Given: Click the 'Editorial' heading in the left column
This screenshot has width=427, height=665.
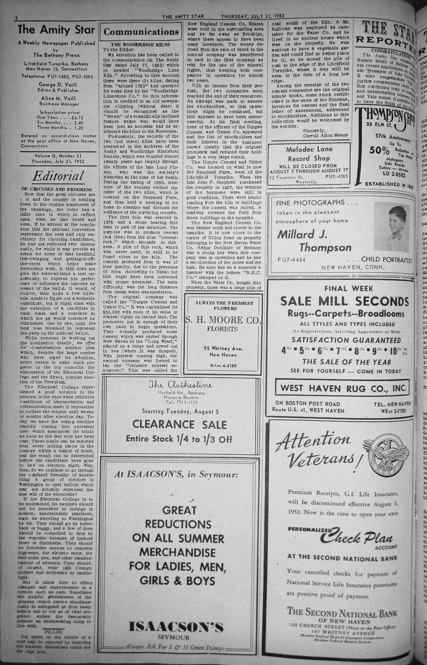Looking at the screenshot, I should (x=58, y=176).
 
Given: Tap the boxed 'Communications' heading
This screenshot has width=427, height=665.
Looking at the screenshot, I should (x=141, y=32).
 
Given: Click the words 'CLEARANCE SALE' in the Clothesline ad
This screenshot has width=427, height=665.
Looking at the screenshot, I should (x=180, y=424).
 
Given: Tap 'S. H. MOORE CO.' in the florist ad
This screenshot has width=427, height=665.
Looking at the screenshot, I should (x=222, y=320).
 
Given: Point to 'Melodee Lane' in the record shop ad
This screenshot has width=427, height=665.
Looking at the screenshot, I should (x=309, y=150).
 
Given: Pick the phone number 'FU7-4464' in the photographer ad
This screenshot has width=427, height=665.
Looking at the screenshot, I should (x=291, y=260).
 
